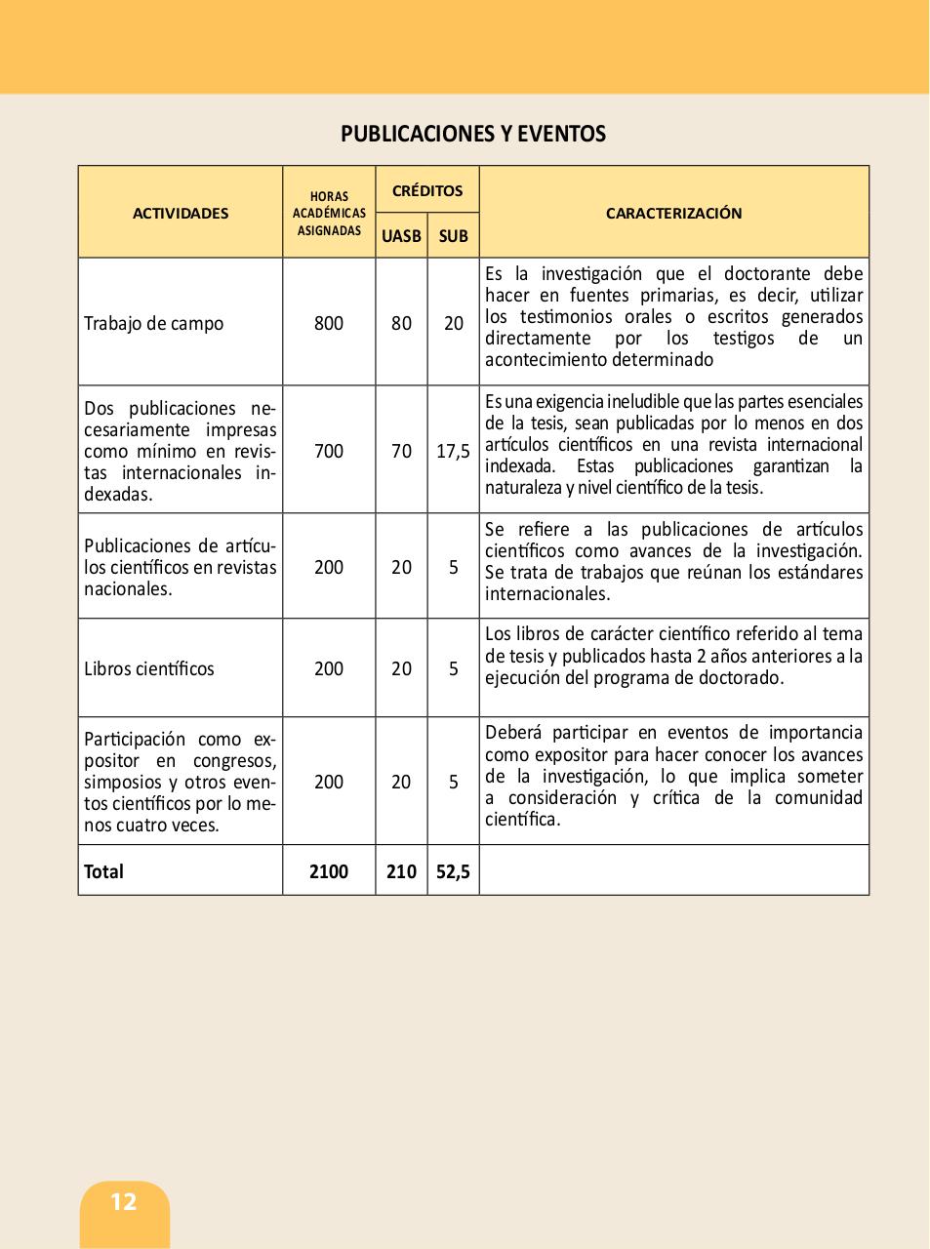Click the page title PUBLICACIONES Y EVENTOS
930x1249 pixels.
click(x=473, y=134)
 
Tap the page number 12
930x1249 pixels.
click(x=124, y=1201)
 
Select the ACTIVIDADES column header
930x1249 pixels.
click(x=181, y=213)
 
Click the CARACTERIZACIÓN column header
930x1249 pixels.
click(x=673, y=213)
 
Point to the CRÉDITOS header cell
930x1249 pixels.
click(x=427, y=190)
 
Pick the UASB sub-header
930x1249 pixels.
click(x=401, y=236)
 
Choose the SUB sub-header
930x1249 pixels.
click(x=454, y=236)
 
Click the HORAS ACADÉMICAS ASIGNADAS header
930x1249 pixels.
click(x=329, y=214)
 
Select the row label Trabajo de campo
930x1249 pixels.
click(x=153, y=323)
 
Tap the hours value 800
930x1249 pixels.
click(x=329, y=323)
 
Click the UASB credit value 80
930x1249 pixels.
click(x=401, y=323)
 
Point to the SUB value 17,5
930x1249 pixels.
click(x=454, y=451)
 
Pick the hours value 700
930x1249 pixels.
click(x=329, y=451)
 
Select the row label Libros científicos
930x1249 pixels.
click(x=148, y=668)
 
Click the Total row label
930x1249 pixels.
click(x=103, y=871)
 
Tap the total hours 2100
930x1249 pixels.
click(x=329, y=871)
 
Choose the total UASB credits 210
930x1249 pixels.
click(x=401, y=871)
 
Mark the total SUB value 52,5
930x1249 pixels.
click(x=454, y=871)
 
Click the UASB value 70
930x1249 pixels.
click(x=401, y=451)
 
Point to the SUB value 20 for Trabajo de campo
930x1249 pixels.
click(x=454, y=323)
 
